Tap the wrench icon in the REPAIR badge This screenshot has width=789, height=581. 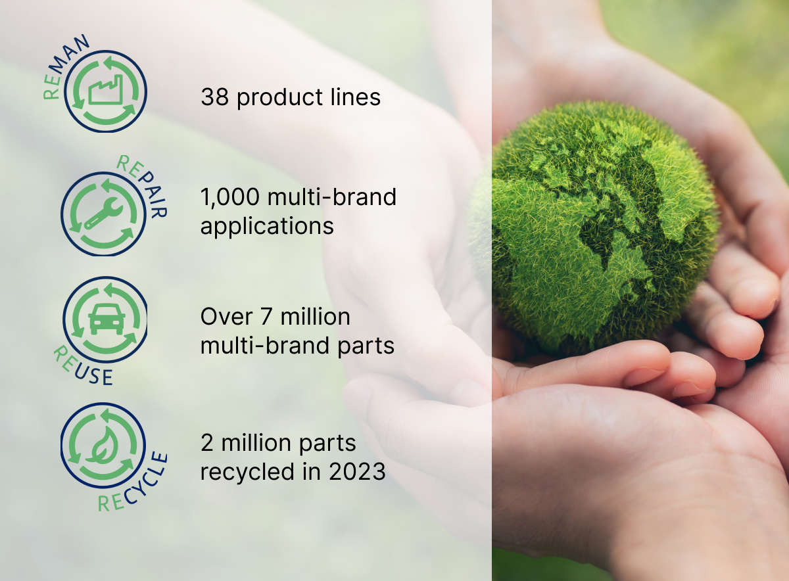click(103, 214)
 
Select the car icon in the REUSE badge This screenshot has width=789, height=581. click(107, 319)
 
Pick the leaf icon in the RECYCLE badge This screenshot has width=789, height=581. click(103, 445)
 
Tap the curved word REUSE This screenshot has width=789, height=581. click(81, 368)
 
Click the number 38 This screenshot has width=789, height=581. click(214, 97)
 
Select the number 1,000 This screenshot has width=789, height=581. click(230, 198)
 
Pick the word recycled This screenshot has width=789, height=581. click(247, 471)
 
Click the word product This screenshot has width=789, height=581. click(279, 98)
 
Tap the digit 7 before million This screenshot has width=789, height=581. click(266, 317)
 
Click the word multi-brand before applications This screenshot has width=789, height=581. click(332, 197)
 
